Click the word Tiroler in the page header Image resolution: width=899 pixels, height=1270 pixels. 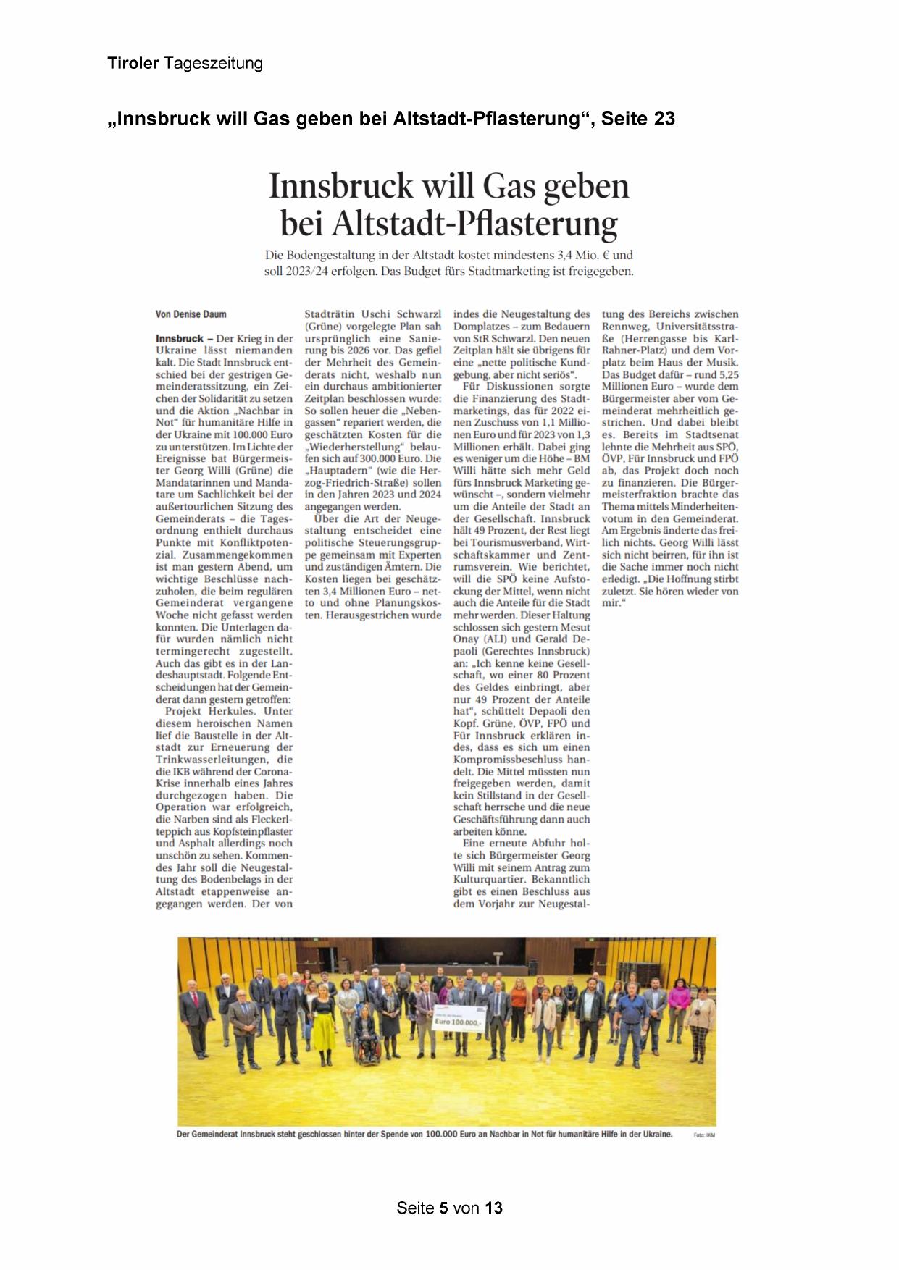pos(133,64)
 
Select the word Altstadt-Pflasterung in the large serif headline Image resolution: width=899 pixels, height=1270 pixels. pos(474,224)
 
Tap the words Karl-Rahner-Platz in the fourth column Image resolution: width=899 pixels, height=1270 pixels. pos(705,345)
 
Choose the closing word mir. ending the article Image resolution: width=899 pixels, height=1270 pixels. pos(613,602)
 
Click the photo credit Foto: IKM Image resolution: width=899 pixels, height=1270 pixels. pos(704,1135)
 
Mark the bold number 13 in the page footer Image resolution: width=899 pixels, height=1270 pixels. pos(494,1208)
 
